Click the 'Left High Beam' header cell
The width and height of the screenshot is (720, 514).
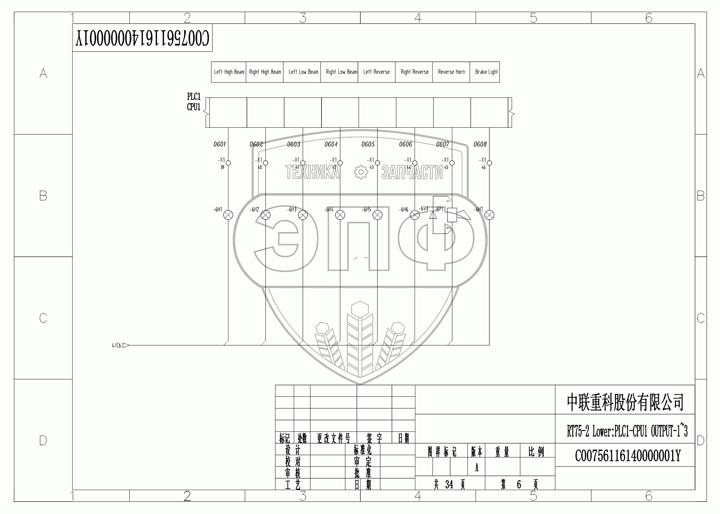229,72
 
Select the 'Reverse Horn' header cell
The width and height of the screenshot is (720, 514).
451,72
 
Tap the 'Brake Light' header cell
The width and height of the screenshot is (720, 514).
486,72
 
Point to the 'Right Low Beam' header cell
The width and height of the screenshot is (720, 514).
341,72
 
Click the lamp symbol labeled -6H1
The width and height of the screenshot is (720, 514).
228,215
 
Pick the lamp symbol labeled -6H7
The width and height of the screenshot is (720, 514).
489,215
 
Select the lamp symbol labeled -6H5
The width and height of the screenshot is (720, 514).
377,215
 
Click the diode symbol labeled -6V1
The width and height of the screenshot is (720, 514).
433,215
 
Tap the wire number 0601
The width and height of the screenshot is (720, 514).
220,144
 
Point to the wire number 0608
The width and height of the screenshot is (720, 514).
480,144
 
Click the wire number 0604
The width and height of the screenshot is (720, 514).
331,144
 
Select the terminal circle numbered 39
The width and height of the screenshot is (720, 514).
228,163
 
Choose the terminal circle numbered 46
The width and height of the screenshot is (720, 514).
489,163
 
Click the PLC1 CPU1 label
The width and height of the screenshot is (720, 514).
194,102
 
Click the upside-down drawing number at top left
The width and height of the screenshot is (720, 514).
143,38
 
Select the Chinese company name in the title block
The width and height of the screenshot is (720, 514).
625,402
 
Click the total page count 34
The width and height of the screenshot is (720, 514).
449,485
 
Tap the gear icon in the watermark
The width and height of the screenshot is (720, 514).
361,172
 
